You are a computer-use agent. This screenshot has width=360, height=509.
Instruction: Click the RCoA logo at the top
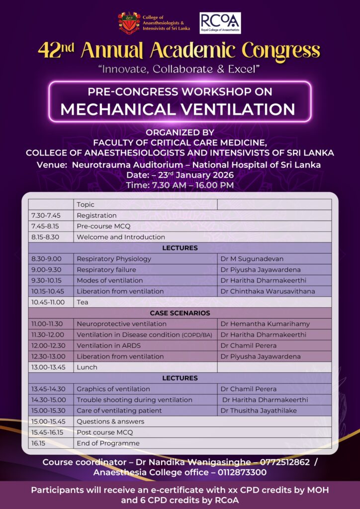pyautogui.click(x=220, y=23)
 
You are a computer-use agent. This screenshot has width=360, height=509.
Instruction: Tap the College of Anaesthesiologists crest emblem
pyautogui.click(x=129, y=23)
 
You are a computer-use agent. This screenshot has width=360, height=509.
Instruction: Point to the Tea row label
pyautogui.click(x=83, y=302)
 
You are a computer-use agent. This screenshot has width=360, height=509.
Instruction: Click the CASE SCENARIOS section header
pyautogui.click(x=180, y=313)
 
